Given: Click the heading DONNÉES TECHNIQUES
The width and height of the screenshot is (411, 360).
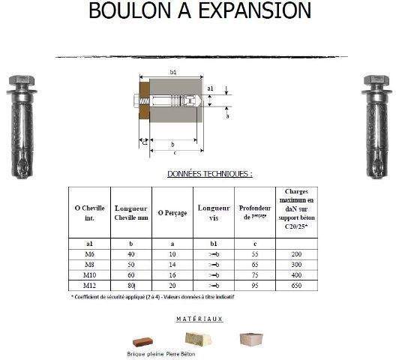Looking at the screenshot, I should pyautogui.click(x=209, y=173).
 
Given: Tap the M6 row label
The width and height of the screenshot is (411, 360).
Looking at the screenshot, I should pyautogui.click(x=89, y=255).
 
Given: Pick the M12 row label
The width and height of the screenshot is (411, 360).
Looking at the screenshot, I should pyautogui.click(x=89, y=286).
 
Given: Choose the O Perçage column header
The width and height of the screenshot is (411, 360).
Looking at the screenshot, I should pyautogui.click(x=171, y=213).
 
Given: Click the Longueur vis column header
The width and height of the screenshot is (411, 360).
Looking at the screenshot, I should pyautogui.click(x=212, y=212).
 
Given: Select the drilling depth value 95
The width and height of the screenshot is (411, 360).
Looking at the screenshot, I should pyautogui.click(x=254, y=286).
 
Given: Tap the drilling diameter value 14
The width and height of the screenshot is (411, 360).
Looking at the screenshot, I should pyautogui.click(x=171, y=265).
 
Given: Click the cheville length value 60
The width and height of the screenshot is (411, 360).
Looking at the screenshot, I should pyautogui.click(x=131, y=275).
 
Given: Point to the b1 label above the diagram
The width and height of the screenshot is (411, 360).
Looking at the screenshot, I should pyautogui.click(x=173, y=72).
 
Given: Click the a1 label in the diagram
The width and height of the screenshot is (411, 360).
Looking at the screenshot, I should pyautogui.click(x=211, y=88).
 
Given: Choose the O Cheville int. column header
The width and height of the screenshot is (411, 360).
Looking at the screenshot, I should pyautogui.click(x=89, y=212).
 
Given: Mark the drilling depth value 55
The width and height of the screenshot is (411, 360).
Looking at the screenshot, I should pyautogui.click(x=254, y=255).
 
